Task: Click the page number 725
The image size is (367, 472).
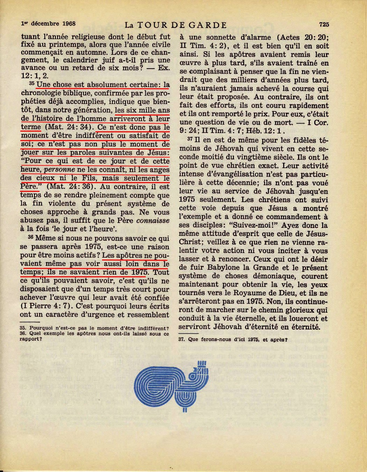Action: coord(324,25)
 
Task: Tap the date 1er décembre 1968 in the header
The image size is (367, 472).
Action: coord(49,24)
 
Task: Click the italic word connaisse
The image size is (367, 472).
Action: coord(153,220)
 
